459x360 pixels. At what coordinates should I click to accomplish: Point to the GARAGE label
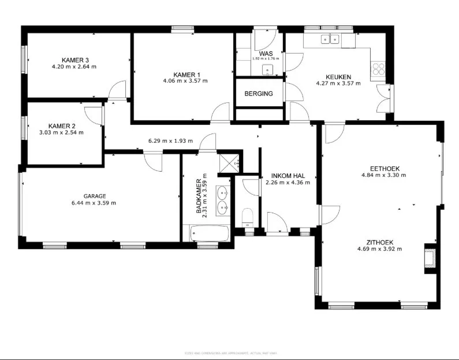(x=94, y=196)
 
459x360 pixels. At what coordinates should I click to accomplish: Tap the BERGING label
(x=259, y=94)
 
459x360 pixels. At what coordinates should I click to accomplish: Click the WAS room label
(x=266, y=53)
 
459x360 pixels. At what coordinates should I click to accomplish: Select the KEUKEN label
(x=338, y=76)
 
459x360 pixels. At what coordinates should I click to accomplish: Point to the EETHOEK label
(x=380, y=168)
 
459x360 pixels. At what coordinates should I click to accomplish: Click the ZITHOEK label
(x=379, y=242)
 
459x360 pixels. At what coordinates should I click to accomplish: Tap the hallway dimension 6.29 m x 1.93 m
(x=171, y=140)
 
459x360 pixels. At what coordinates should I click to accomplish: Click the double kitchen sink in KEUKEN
(x=330, y=40)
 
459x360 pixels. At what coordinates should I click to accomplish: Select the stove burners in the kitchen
(x=379, y=69)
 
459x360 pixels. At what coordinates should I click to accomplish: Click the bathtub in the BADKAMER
(x=209, y=234)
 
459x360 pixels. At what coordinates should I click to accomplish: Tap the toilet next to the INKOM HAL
(x=248, y=218)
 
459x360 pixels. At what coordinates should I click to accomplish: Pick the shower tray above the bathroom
(x=230, y=163)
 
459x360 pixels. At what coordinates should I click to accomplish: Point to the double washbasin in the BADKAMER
(x=222, y=199)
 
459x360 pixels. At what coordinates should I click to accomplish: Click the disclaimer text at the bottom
(x=230, y=352)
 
